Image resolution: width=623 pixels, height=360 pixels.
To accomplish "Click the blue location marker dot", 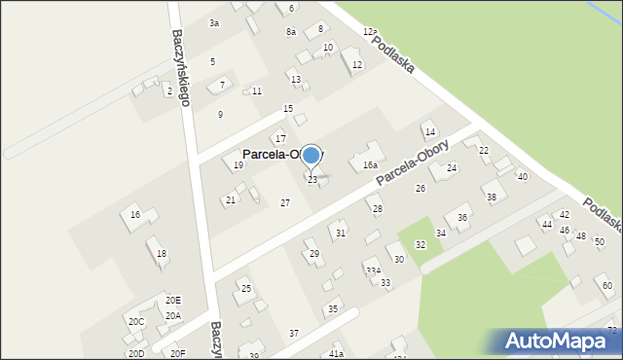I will (311, 155).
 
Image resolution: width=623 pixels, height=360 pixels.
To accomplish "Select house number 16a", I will (370, 166).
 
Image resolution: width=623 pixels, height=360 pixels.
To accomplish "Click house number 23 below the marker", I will (312, 180).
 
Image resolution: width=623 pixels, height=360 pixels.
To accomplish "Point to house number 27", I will (284, 202).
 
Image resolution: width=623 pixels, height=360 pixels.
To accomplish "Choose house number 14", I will (429, 132).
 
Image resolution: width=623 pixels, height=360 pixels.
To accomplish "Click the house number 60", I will (606, 285).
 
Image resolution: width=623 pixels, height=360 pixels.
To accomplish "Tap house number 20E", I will (172, 301).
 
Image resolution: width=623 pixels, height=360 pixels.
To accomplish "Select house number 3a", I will (214, 22).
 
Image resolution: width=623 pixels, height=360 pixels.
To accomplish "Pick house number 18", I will (162, 254).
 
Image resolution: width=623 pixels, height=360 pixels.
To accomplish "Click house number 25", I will (246, 288).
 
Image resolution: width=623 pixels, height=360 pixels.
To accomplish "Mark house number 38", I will (492, 198).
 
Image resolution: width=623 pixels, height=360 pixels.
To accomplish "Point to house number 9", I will (220, 115).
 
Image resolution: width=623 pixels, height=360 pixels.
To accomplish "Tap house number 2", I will (169, 91).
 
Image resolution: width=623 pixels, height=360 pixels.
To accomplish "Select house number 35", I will (332, 308).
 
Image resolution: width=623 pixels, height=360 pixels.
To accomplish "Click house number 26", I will (421, 188).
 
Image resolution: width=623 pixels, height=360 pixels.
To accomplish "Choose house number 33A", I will (373, 270).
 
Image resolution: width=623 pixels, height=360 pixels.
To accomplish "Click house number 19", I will (238, 165).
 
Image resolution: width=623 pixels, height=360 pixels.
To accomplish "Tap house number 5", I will (212, 61).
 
